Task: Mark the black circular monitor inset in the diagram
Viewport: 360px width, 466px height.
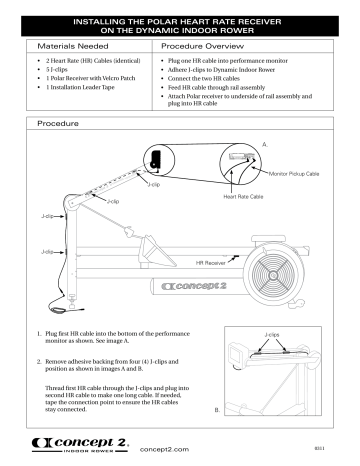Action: [x=155, y=156]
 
